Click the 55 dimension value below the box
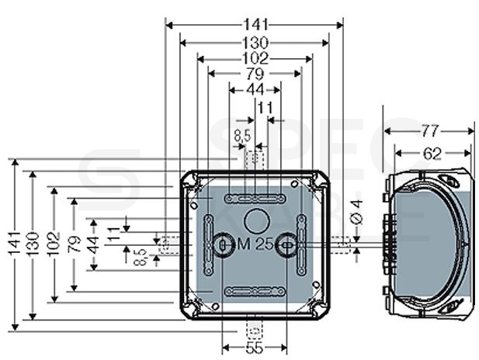tap(254, 348)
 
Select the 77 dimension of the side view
tap(430, 131)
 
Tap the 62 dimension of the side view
tap(432, 154)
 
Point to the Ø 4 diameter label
tap(357, 213)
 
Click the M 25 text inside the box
tap(255, 244)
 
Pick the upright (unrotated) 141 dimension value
tap(256, 25)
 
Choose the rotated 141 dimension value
tap(14, 244)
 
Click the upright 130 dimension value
tap(255, 43)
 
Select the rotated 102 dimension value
tap(54, 244)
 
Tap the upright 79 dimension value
tap(255, 74)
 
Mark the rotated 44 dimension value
tap(93, 244)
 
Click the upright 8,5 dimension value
tap(242, 136)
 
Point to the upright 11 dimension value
tap(265, 108)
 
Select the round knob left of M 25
tap(223, 244)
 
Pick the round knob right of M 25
tap(286, 244)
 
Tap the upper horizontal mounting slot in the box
tap(255, 199)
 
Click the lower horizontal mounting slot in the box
tap(255, 291)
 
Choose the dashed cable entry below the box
tap(255, 330)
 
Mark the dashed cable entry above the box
tap(255, 159)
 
